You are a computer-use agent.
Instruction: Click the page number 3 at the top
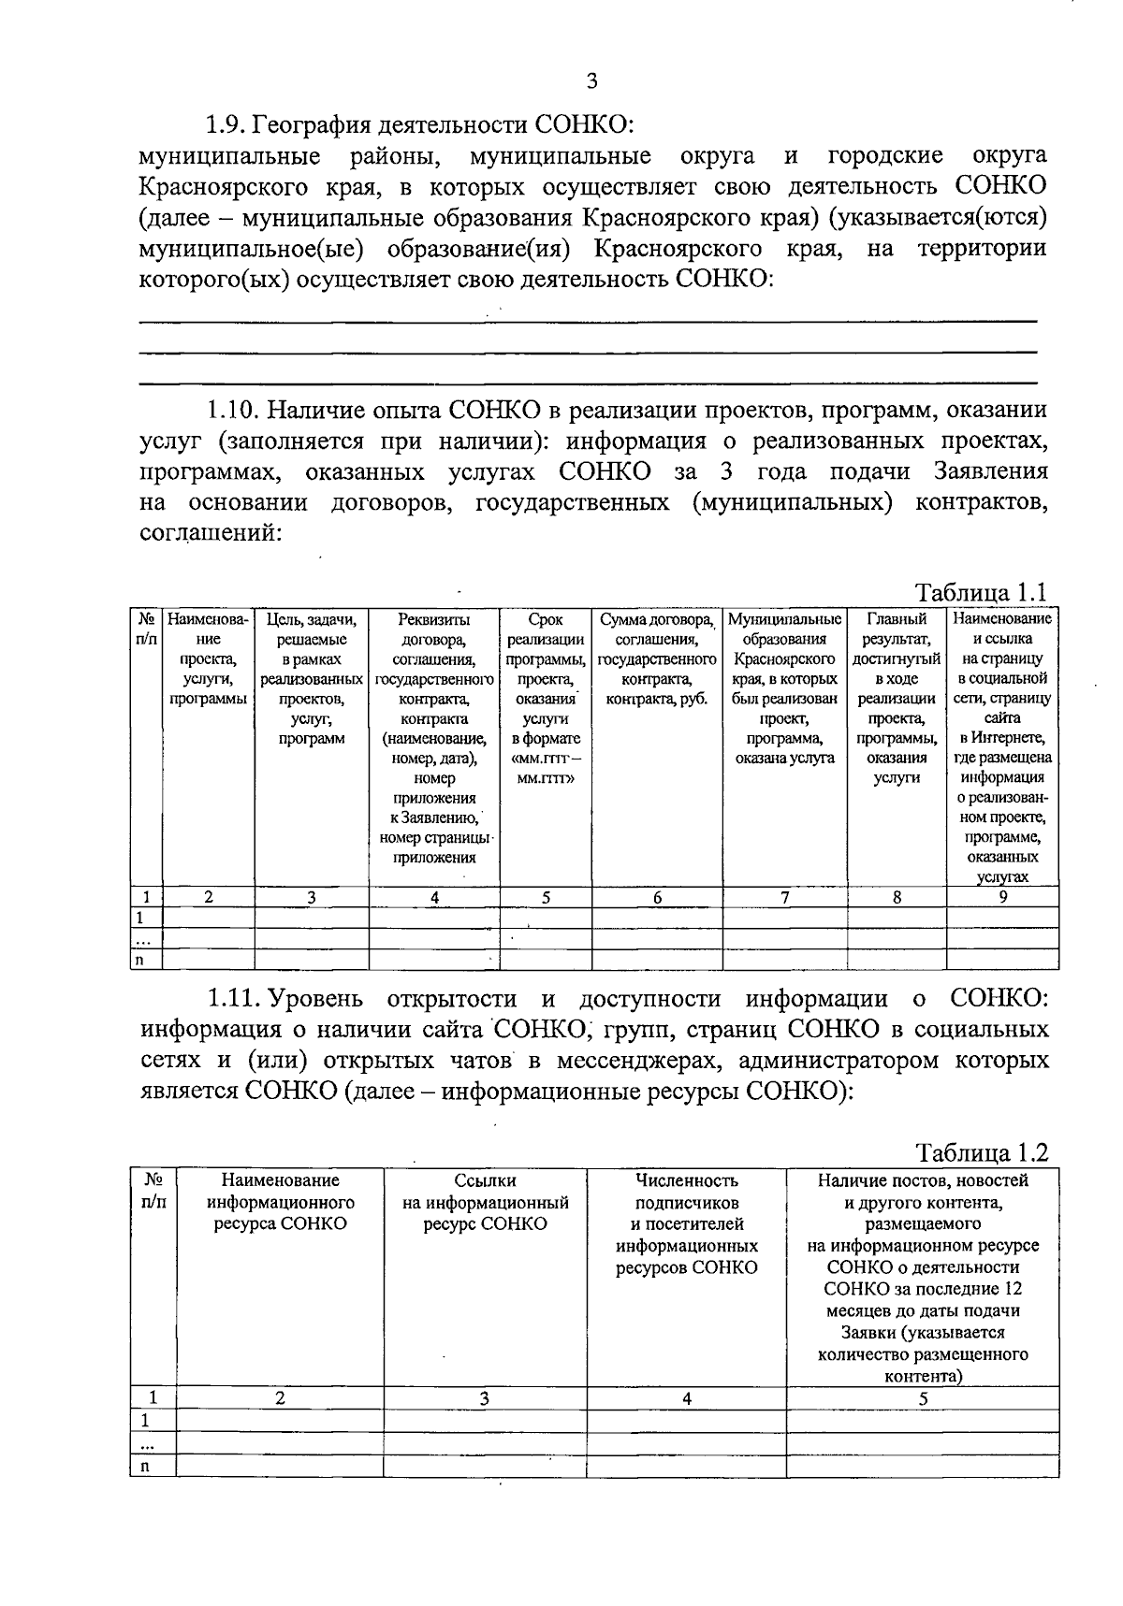[591, 80]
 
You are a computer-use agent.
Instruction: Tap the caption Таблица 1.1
[981, 593]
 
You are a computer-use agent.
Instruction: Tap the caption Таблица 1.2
[981, 1152]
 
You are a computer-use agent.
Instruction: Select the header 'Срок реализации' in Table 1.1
[546, 629]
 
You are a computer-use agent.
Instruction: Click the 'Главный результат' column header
[897, 629]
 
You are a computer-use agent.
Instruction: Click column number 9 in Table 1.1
[1002, 896]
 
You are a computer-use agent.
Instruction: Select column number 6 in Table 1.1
[657, 897]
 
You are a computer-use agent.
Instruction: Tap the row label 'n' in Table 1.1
[140, 960]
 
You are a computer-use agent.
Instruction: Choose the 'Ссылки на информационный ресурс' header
[485, 1202]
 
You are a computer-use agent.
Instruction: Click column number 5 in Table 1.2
[923, 1399]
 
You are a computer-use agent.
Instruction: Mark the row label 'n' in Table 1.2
[145, 1467]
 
